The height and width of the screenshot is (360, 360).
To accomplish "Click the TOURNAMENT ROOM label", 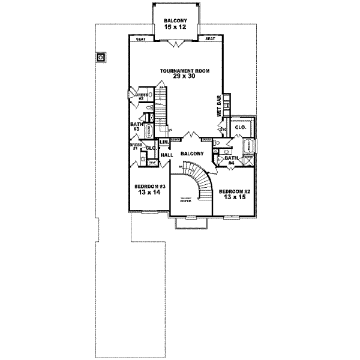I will click(184, 71).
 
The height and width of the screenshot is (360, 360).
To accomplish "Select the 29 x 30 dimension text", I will click(184, 76).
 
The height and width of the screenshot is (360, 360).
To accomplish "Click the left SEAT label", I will click(140, 39).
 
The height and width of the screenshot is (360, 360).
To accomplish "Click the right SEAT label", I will click(210, 39).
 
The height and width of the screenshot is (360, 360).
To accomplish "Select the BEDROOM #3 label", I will click(148, 186).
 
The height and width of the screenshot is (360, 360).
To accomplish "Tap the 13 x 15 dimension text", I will click(235, 197).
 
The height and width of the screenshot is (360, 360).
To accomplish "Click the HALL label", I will click(167, 155).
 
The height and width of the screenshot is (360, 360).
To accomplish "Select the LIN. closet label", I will click(163, 142).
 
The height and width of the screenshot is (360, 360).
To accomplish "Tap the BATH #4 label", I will click(232, 159).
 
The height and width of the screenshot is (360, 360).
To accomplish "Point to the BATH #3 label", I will click(136, 127).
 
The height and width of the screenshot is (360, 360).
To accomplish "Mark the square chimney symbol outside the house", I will click(100, 58).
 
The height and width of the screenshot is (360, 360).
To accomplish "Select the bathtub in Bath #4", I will click(248, 146).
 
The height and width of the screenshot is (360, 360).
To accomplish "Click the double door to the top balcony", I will click(175, 44).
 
